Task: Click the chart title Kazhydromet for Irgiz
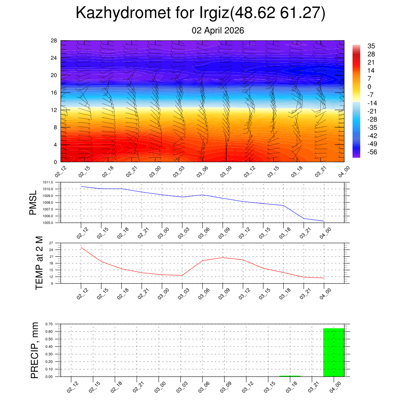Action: coord(200,13)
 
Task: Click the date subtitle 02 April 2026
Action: coord(218,30)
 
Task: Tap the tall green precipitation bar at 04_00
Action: coord(333,352)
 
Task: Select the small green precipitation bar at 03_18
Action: coord(290,376)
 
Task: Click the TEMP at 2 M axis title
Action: coord(39,263)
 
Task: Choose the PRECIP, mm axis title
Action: coord(35,350)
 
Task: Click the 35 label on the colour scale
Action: coord(371,46)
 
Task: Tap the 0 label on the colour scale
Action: coord(369,87)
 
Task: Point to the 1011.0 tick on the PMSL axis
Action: coord(49,182)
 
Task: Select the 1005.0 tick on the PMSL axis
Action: coord(49,223)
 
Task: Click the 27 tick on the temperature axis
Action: coord(51,243)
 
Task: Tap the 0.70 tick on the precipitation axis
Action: coord(49,324)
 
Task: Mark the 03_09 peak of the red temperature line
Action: coord(223,257)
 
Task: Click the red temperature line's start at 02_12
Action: coord(81,248)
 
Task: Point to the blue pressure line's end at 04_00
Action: coord(324,221)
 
